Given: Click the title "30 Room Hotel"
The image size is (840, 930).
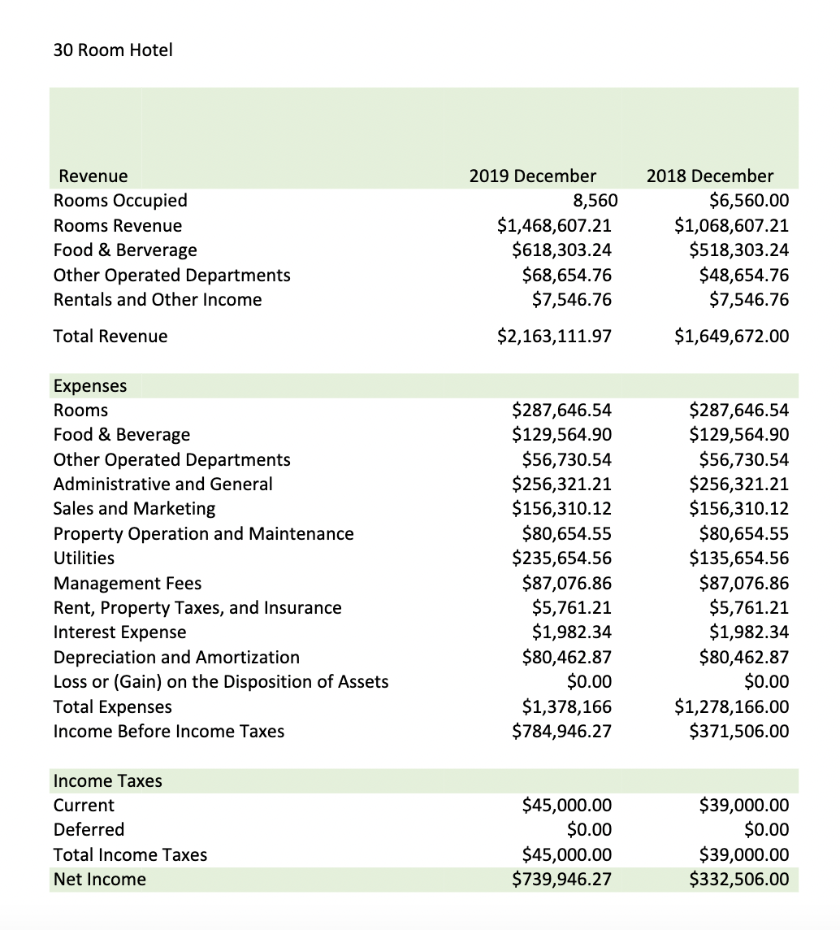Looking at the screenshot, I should coord(113,50).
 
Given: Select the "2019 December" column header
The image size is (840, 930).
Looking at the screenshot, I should coord(532,176).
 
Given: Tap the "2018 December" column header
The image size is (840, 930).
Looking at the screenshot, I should coord(710,176).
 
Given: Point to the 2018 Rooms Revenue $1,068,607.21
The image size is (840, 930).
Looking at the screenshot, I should coord(731,226).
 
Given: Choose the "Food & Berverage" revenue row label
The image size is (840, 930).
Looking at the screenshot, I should coord(125,250).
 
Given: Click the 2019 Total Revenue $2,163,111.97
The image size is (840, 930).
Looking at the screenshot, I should coord(554,337).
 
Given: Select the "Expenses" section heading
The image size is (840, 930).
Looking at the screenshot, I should coord(90,385).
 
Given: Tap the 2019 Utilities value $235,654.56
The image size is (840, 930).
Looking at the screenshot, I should coord(561,558).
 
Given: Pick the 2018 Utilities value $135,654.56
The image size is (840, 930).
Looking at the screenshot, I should coord(738,558).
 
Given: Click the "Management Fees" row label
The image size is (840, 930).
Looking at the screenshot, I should coord(128,584).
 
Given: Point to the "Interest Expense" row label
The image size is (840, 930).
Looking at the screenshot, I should coord(119,632).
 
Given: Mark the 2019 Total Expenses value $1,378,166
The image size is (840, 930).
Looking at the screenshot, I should coord(561,706).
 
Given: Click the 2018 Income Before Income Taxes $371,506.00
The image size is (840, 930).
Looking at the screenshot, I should coord(738,732).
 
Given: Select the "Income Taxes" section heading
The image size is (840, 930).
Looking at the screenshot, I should coord(108,781).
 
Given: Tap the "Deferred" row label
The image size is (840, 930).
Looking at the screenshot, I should coord(89,830).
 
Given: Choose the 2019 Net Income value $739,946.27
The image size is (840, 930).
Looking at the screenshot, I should coord(561,880).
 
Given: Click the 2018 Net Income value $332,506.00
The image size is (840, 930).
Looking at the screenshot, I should coord(738,880).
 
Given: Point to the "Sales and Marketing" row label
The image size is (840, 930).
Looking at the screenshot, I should coord(135,509).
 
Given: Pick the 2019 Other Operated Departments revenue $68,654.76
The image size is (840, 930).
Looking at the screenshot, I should coord(566,276).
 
